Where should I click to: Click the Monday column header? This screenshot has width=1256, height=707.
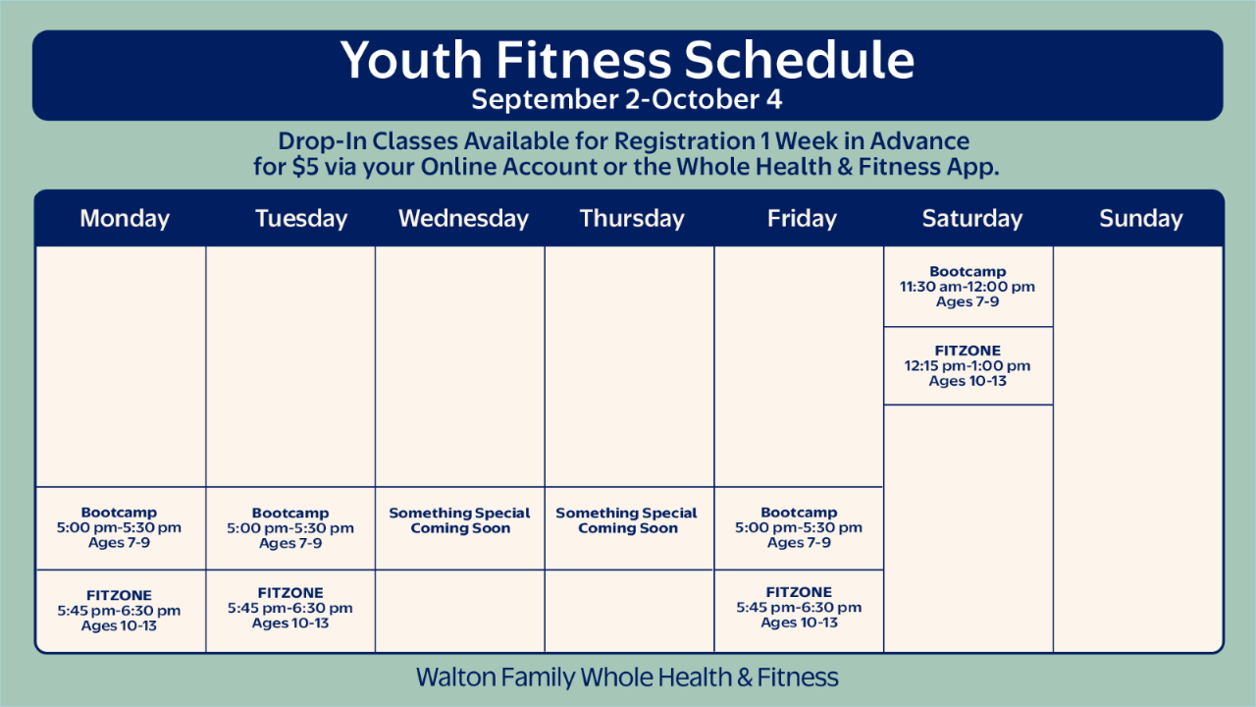pos(125,218)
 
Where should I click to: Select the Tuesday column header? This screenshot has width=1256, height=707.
pos(301,218)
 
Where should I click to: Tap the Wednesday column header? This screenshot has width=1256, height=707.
pos(464,218)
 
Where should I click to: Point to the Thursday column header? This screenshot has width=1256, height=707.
pos(632,218)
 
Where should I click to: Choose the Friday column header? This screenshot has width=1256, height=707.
pos(802,218)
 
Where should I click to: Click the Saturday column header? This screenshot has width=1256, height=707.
pos(972,218)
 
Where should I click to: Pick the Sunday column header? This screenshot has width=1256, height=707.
pos(1141,218)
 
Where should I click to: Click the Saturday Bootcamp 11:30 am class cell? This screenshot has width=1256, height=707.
pos(968,287)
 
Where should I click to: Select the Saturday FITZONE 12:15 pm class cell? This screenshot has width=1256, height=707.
pos(968,366)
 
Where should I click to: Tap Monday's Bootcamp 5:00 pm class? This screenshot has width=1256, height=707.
pos(120,527)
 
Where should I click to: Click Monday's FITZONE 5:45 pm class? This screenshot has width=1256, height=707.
pos(120,611)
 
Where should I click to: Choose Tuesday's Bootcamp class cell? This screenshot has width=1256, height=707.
pos(290,528)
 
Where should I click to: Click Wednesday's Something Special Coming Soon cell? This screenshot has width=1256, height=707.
pos(460,527)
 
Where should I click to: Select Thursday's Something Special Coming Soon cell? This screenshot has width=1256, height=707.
pos(628,527)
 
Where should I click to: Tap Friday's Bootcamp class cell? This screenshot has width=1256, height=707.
pos(799,527)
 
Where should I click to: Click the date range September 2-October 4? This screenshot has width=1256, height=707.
pos(627,99)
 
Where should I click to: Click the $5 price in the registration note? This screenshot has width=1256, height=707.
pos(305,167)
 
